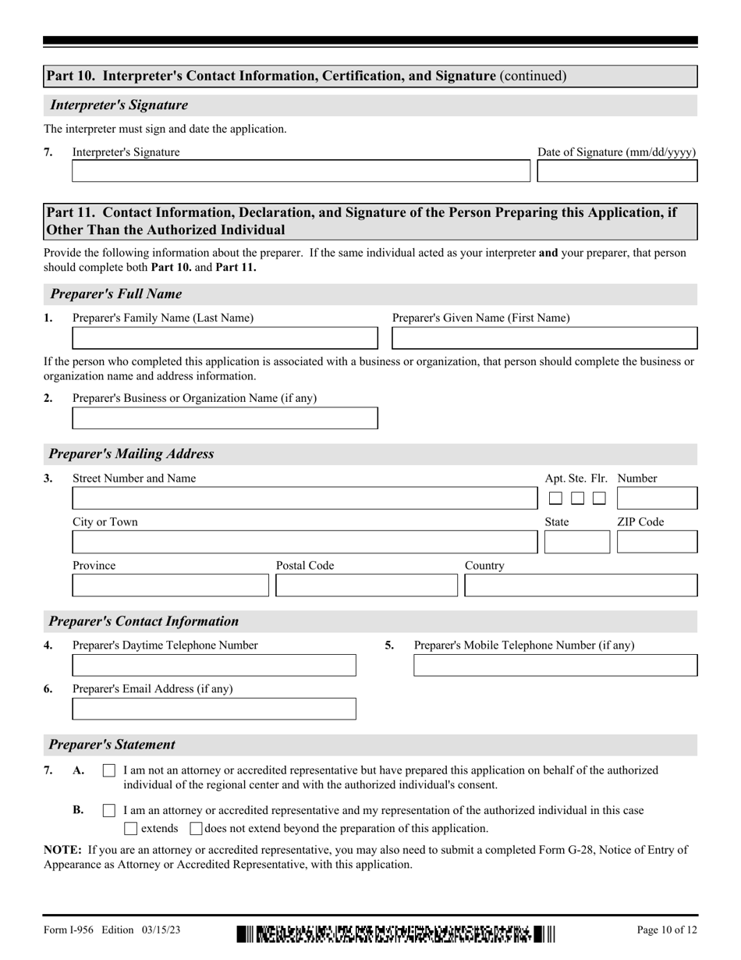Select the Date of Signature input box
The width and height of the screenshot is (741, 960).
618,171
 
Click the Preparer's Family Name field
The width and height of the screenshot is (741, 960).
225,338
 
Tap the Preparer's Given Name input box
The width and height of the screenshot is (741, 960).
544,338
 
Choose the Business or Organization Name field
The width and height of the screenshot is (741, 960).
225,418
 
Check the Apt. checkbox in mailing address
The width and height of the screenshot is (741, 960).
555,498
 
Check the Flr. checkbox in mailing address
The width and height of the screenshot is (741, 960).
599,498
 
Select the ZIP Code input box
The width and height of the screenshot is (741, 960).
657,542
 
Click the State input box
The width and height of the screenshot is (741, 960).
577,542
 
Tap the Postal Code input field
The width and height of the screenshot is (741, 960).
367,585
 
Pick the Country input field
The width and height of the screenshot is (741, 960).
581,585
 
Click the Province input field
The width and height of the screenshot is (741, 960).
171,585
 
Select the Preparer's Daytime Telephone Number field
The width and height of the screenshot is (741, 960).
214,665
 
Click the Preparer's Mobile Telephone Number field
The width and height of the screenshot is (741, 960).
555,665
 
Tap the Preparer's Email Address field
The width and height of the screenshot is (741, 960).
214,709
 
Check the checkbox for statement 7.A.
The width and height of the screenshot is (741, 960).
109,771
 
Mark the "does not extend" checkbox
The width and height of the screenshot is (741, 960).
197,828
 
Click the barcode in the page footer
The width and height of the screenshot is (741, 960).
395,933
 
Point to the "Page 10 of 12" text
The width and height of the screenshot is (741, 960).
667,930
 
